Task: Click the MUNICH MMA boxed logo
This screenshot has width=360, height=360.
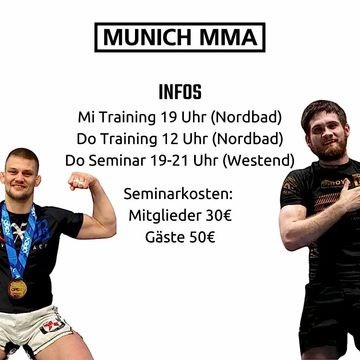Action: [180, 37]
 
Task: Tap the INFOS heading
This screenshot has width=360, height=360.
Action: [180, 92]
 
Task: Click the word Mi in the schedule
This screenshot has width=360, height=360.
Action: [86, 117]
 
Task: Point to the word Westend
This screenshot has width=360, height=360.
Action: [258, 160]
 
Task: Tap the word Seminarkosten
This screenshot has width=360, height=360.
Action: [178, 194]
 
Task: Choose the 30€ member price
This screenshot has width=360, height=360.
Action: [218, 216]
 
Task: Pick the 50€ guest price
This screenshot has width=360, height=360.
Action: [202, 237]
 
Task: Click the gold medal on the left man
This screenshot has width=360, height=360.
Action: [17, 289]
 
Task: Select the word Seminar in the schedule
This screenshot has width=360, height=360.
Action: [117, 160]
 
